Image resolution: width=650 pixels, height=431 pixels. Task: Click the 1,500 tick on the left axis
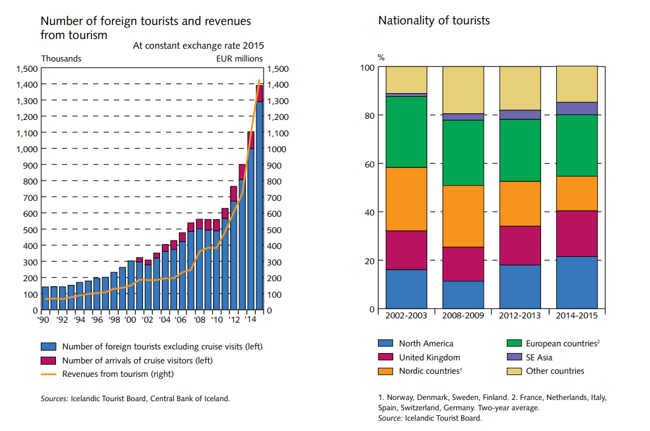click(x=26, y=69)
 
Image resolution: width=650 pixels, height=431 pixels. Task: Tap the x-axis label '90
click(x=44, y=319)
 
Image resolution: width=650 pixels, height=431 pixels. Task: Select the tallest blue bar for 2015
click(x=259, y=207)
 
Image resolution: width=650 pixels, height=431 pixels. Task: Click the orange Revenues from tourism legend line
click(x=48, y=374)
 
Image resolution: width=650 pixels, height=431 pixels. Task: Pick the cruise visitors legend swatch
click(x=48, y=360)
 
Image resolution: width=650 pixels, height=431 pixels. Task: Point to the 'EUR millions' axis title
click(x=240, y=58)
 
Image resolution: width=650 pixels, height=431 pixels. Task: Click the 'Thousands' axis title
click(x=61, y=58)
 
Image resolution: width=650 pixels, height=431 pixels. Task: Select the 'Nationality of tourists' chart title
click(x=434, y=21)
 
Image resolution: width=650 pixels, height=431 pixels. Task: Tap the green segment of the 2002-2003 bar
click(x=406, y=131)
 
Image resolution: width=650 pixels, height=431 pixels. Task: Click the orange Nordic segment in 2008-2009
click(x=463, y=216)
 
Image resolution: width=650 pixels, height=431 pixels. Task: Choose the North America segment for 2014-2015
click(x=577, y=282)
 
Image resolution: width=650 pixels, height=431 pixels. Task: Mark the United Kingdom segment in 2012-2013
click(x=520, y=245)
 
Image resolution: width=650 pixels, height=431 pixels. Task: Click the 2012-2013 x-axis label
click(x=520, y=315)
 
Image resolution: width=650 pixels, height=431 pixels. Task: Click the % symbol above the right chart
click(x=381, y=58)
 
